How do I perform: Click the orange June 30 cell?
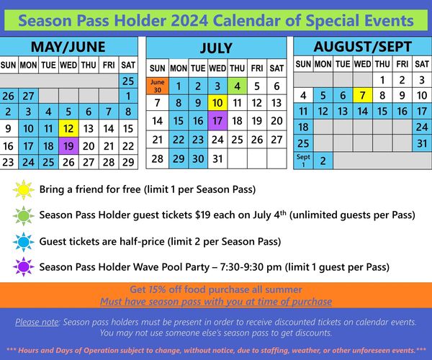point(157,86)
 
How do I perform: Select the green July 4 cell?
point(237,86)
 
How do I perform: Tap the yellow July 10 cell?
point(217,103)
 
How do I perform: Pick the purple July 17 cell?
point(217,121)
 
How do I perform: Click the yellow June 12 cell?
point(68,128)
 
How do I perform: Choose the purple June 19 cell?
point(68,145)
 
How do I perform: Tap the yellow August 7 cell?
point(363,95)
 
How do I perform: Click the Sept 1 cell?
point(303,161)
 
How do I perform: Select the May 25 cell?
point(128,81)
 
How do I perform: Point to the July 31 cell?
point(217,158)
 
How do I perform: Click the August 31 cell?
point(422,143)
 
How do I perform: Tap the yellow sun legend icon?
point(24,189)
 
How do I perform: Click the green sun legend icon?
point(24,216)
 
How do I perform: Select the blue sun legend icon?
point(24,242)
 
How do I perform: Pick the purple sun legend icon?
point(24,266)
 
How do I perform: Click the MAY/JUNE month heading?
point(68,47)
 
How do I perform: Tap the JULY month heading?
point(216,48)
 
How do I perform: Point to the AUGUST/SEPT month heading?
point(363,47)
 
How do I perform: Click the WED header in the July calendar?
point(217,68)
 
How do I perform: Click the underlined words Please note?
point(37,322)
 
